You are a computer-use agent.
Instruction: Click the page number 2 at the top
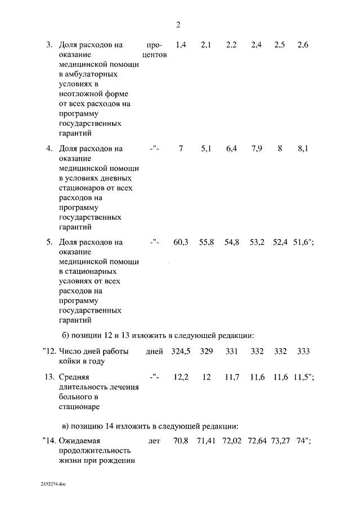[178, 25]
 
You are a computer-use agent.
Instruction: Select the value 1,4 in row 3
[181, 45]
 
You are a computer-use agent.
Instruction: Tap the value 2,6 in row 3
[303, 45]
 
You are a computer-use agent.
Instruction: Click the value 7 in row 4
[181, 149]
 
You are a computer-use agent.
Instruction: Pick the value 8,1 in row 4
[303, 149]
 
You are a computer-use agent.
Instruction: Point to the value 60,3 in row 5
[181, 242]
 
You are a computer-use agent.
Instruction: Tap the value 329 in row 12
[206, 352]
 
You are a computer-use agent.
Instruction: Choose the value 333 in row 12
[303, 352]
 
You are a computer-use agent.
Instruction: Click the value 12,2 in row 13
[181, 377]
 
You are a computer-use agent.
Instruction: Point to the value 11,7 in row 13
[232, 377]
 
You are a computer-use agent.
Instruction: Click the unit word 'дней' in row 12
[154, 352]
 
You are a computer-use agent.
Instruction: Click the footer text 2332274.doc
[53, 483]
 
